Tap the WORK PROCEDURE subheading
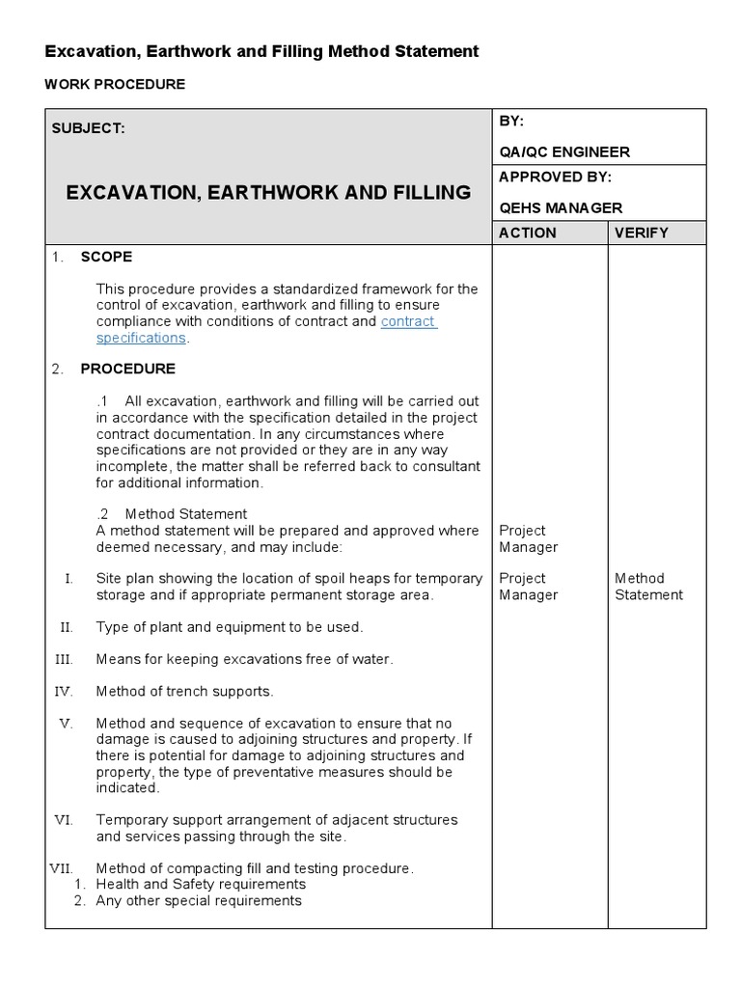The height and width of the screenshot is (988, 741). [115, 85]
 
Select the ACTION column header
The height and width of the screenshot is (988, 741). [528, 233]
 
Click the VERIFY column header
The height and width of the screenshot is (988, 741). [642, 233]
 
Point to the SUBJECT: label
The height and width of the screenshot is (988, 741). [88, 128]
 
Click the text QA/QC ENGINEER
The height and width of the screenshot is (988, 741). [564, 151]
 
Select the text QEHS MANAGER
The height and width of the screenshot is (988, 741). [561, 207]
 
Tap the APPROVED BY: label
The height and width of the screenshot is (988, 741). [555, 177]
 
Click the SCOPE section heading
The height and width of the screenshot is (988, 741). [106, 257]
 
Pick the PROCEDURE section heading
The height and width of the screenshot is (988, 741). [127, 369]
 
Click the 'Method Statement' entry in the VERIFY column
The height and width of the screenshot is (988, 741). [648, 587]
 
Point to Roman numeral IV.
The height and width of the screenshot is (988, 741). [64, 691]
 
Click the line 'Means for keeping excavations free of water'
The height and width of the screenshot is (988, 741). [244, 659]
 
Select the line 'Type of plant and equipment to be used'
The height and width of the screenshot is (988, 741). [229, 627]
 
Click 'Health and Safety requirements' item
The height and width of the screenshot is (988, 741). [201, 884]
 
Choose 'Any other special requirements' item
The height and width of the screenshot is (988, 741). [199, 900]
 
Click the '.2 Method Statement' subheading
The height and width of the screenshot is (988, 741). [172, 514]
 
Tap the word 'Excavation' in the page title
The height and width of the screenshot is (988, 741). [85, 51]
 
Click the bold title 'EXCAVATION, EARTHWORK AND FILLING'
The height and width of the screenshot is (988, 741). [268, 192]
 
